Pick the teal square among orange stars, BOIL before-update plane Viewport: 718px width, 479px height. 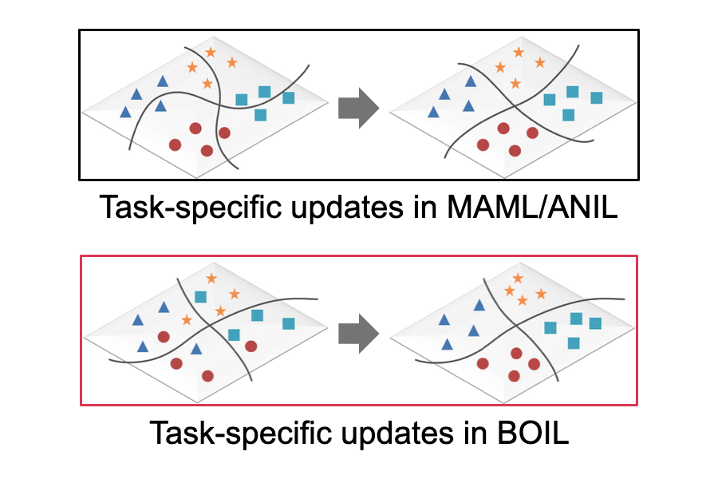click(200, 297)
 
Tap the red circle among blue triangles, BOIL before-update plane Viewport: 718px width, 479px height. click(164, 336)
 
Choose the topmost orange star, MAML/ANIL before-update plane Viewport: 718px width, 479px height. click(210, 52)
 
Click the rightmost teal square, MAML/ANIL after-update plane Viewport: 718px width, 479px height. click(596, 97)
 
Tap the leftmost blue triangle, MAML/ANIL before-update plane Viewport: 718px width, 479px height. click(125, 112)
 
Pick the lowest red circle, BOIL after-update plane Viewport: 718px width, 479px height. click(515, 375)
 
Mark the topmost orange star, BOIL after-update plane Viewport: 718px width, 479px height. click(518, 278)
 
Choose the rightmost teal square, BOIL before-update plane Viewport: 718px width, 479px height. click(288, 323)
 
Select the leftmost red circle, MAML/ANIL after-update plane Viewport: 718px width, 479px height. click(483, 144)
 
